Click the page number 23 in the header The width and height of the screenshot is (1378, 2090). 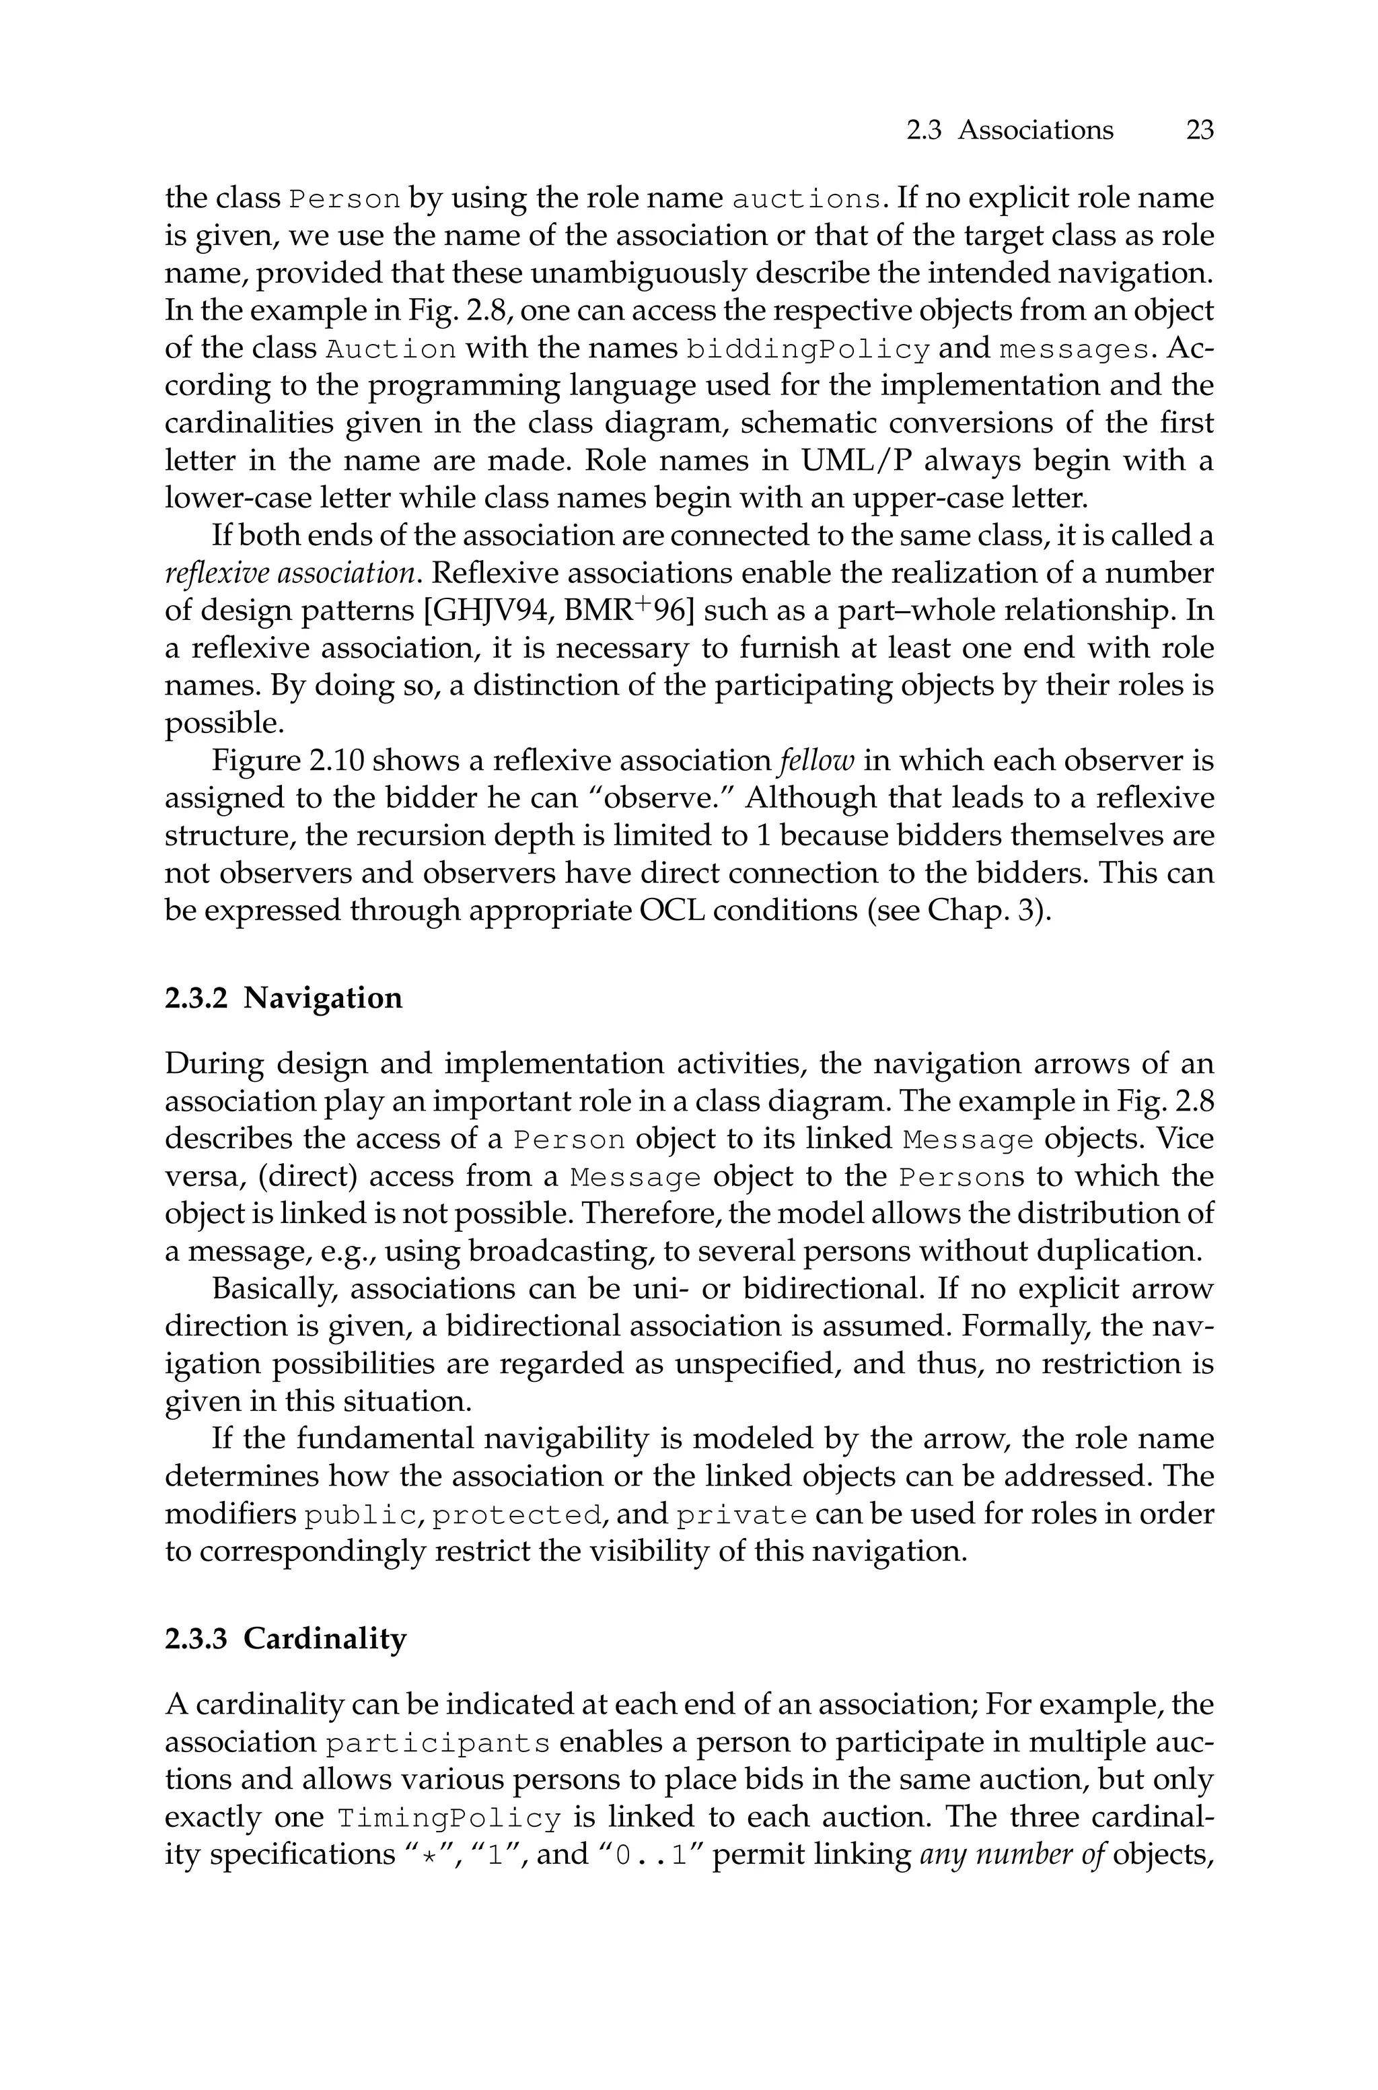[x=1200, y=130]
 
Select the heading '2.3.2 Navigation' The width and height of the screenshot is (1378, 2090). [x=283, y=998]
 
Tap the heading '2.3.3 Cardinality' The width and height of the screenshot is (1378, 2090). [x=285, y=1639]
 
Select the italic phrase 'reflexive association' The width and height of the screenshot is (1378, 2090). [x=290, y=574]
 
